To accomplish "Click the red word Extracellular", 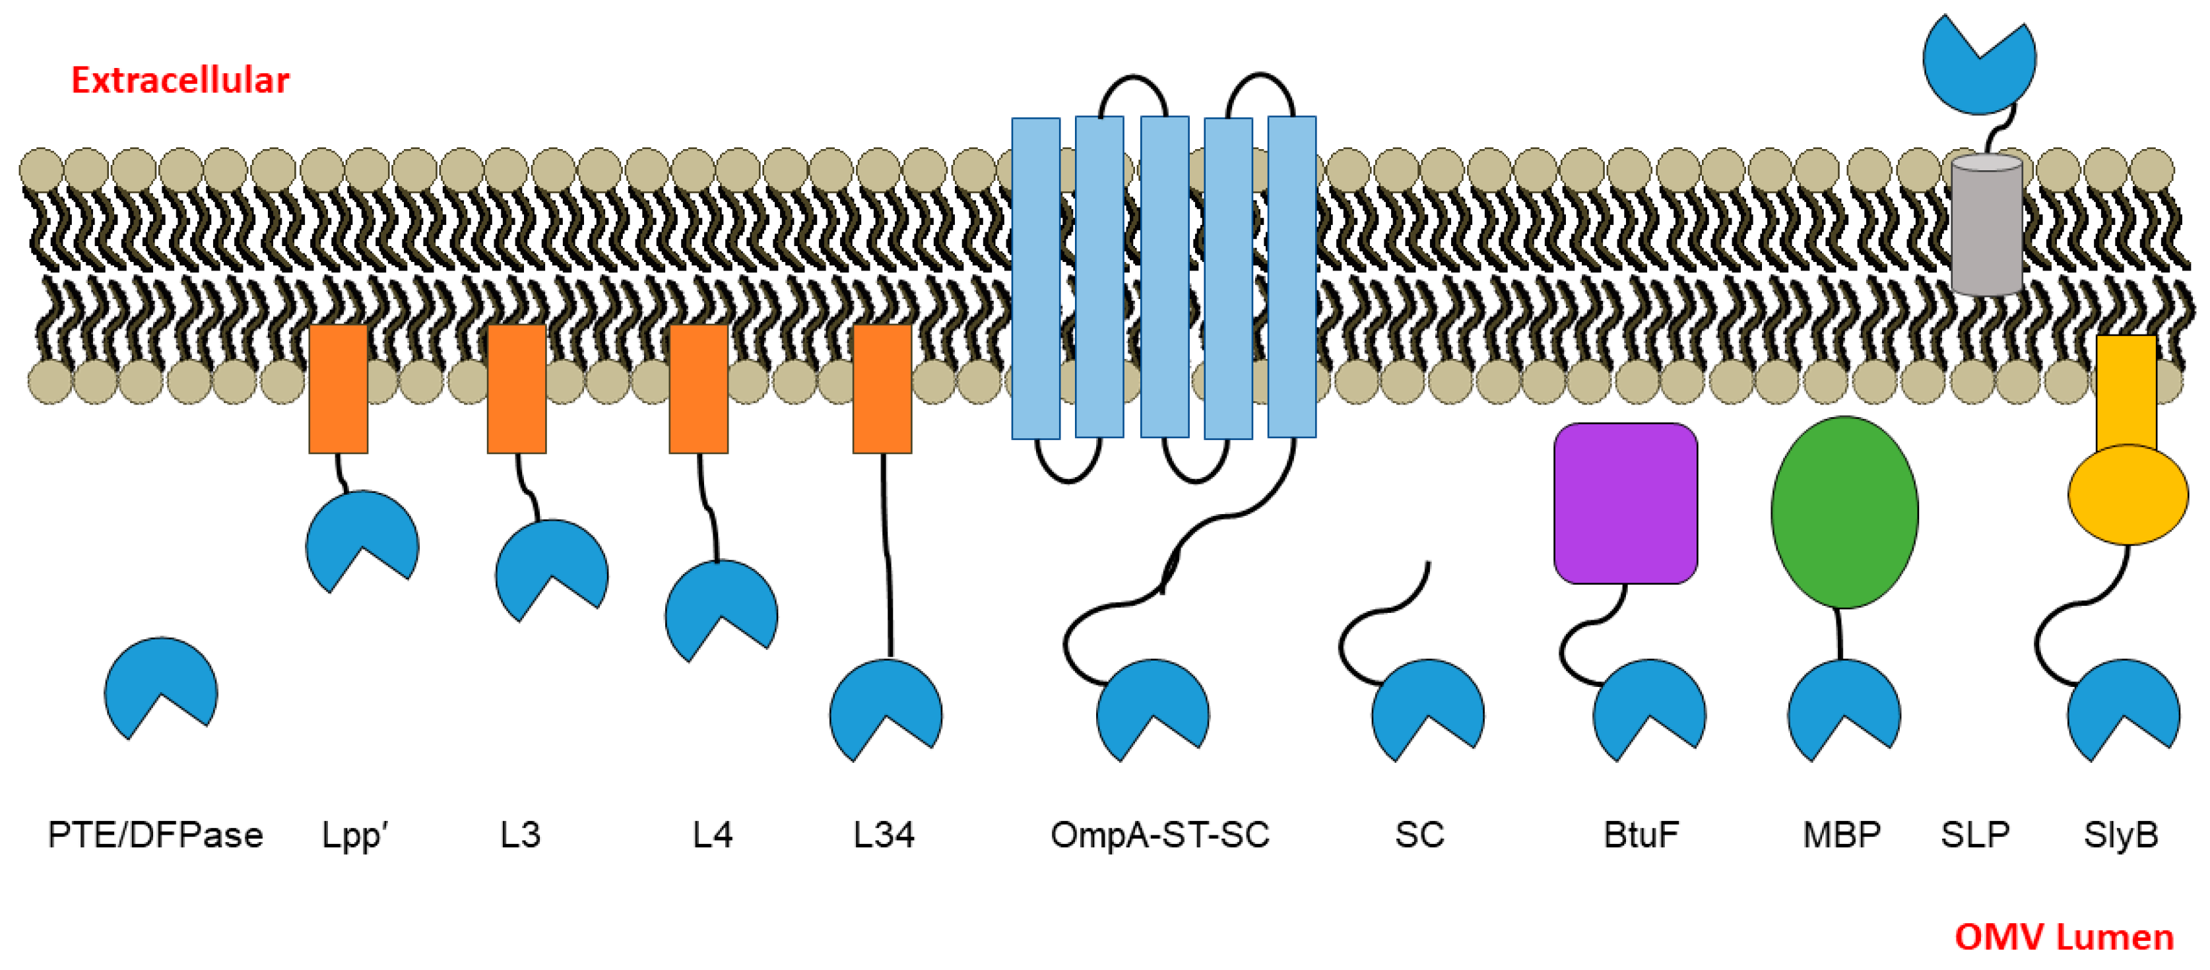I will (180, 81).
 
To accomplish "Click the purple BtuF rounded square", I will (1625, 503).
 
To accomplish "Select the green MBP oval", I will (1844, 512).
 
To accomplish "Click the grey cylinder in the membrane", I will (1986, 225).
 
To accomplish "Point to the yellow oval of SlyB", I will (2127, 495).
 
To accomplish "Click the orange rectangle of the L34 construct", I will (882, 389).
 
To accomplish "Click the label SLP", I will (1975, 835).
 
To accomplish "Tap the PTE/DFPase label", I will (155, 835).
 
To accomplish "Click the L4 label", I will (712, 835).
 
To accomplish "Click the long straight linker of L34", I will (887, 558).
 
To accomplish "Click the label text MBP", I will (1841, 835).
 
